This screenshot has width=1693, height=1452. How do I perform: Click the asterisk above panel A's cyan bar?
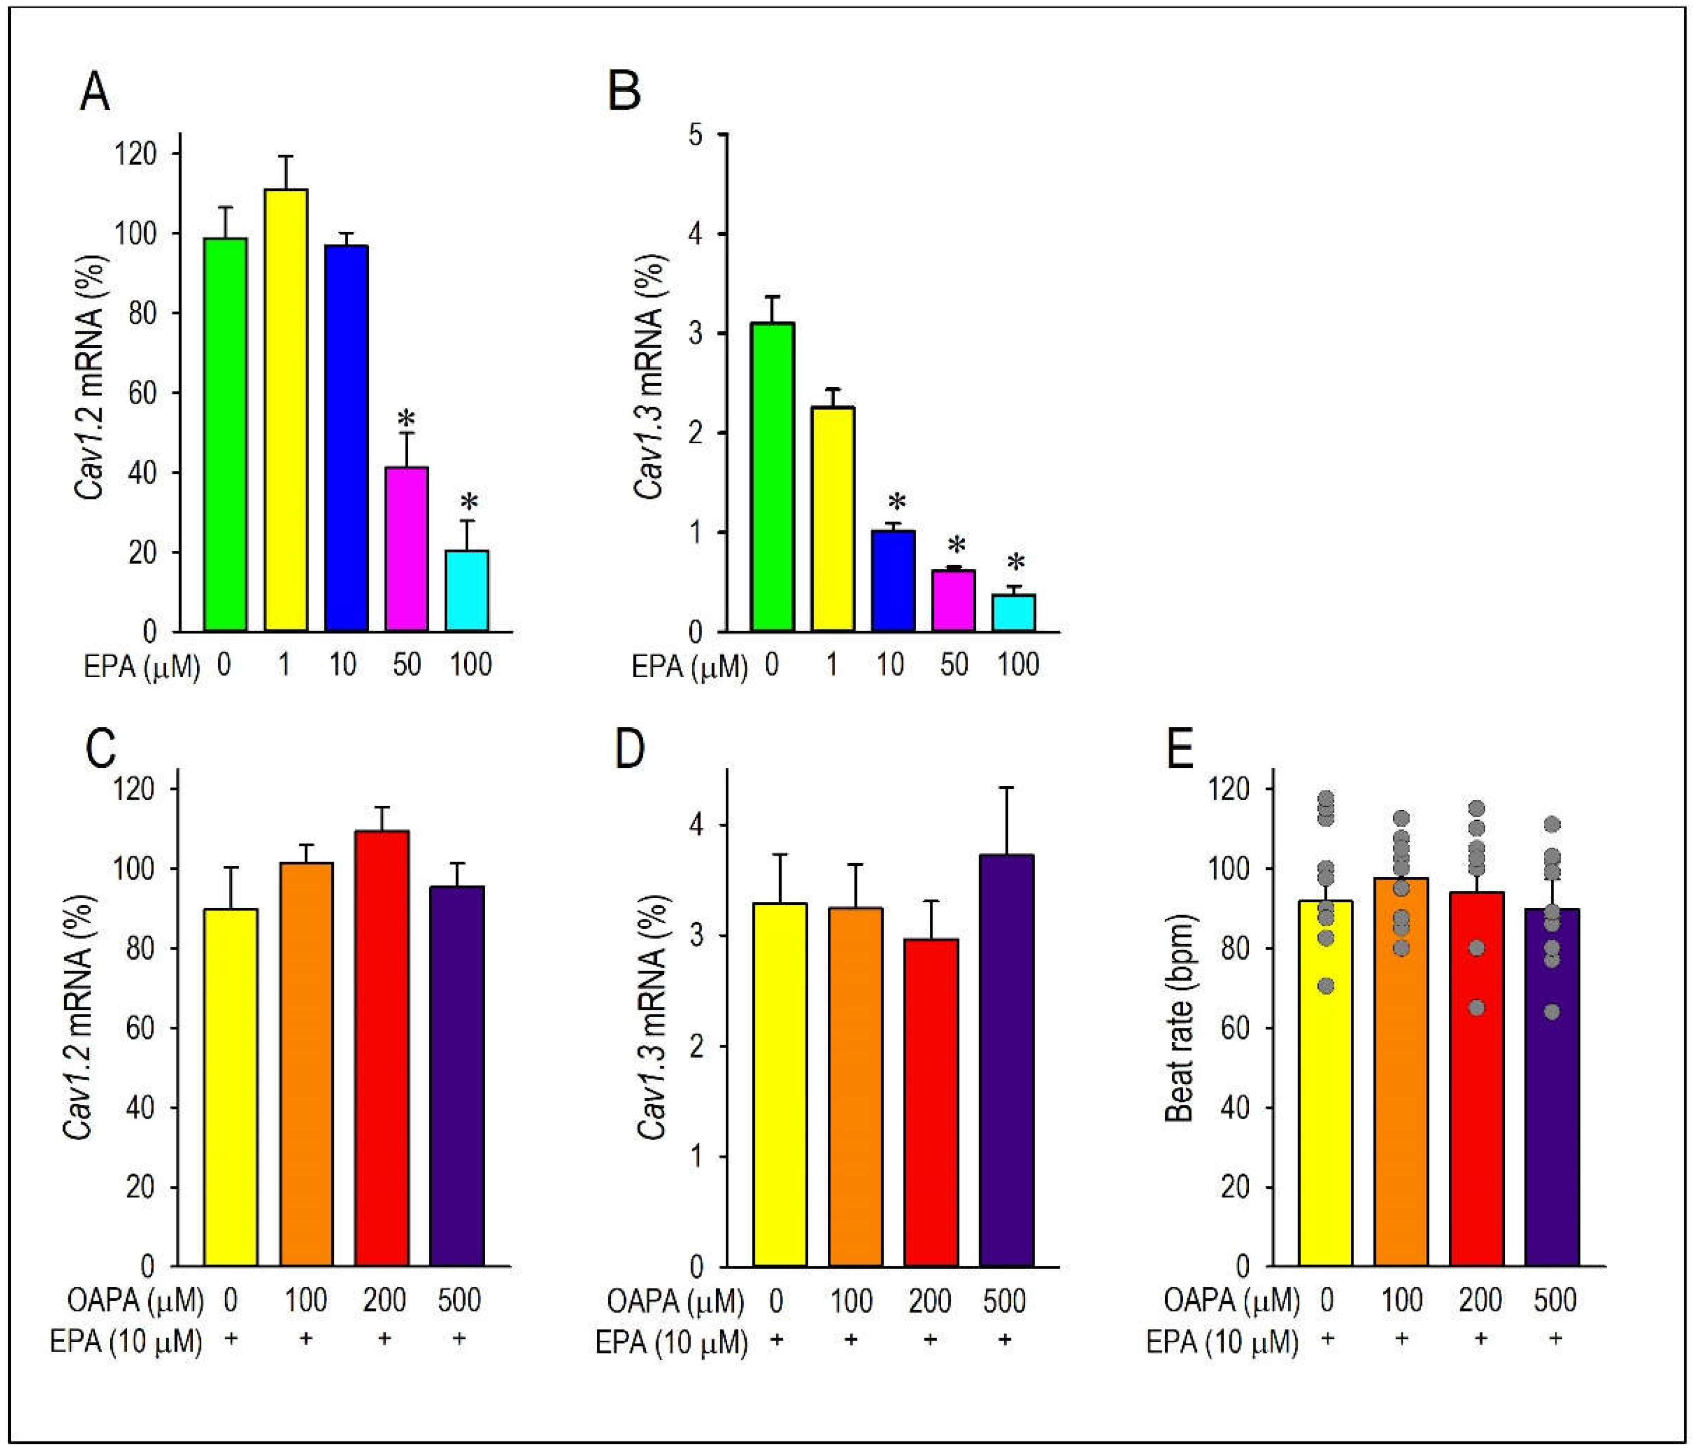pos(468,502)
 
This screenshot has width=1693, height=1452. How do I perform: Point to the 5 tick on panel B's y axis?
pos(695,135)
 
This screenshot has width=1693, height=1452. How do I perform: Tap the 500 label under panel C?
pos(459,1300)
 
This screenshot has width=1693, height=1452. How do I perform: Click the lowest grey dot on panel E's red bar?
pos(1477,1007)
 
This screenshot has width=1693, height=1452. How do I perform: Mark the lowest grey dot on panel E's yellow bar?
pos(1326,986)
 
